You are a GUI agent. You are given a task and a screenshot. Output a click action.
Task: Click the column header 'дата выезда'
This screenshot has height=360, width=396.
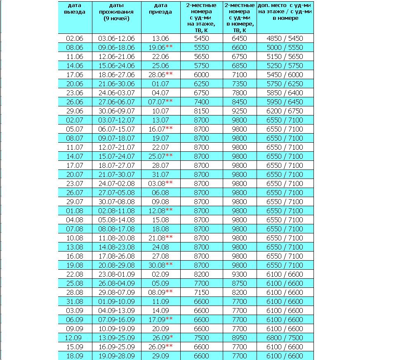pos(75,9)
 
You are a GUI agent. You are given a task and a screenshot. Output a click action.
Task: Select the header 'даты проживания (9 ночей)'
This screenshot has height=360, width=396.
pos(116,12)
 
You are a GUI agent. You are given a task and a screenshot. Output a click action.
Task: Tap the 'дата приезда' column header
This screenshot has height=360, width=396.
pos(160,9)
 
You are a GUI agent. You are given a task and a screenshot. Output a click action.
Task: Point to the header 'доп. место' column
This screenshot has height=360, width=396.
pos(285,12)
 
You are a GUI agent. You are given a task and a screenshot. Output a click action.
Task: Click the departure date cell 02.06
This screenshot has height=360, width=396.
pos(75,38)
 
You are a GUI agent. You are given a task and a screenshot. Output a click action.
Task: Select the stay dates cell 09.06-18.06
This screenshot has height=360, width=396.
pos(116,47)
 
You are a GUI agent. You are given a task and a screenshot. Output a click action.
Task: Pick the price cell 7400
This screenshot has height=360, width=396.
pos(201,102)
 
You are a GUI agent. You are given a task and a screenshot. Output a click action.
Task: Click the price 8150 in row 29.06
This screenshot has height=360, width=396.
pos(201,111)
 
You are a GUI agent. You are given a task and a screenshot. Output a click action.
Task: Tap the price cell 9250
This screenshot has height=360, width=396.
pos(239,111)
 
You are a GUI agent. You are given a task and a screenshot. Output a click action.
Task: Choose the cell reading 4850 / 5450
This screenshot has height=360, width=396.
pos(285,38)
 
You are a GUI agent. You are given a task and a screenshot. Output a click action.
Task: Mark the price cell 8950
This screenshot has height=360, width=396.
pos(239,338)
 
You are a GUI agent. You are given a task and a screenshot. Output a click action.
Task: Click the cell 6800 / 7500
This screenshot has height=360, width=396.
pos(285,338)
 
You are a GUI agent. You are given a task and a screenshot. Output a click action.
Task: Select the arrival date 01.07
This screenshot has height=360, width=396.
pos(160,84)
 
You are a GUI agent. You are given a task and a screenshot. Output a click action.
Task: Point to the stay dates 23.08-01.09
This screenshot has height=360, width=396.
pos(116,274)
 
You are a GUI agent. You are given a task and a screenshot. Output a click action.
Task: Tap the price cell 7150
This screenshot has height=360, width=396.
pos(201,292)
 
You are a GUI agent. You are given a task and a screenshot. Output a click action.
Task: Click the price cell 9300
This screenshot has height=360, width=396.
pos(239,274)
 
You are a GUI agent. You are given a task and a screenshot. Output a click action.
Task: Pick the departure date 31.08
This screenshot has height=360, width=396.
pos(75,301)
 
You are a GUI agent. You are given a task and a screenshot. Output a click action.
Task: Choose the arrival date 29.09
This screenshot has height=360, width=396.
pos(160,356)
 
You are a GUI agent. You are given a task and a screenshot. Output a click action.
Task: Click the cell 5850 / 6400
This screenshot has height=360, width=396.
pos(285,93)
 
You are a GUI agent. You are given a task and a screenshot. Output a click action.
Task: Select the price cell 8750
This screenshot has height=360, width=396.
pos(239,283)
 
